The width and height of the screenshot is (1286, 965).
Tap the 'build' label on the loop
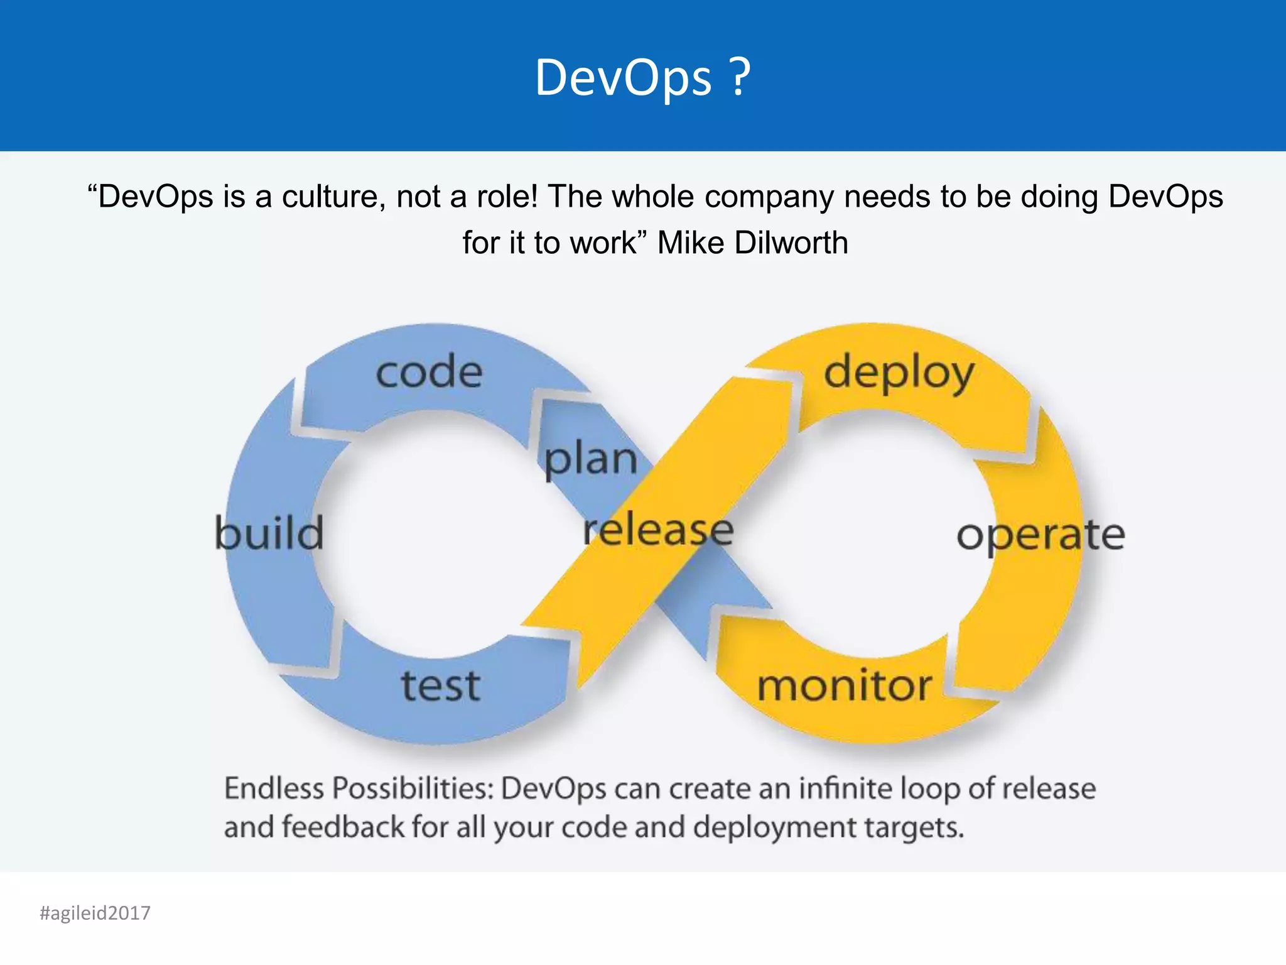pyautogui.click(x=269, y=533)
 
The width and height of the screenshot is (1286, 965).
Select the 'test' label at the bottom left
pyautogui.click(x=441, y=685)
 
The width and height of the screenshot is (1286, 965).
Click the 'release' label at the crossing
pyautogui.click(x=658, y=531)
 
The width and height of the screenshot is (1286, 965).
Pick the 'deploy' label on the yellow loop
pyautogui.click(x=899, y=374)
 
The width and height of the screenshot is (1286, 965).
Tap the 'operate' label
pyautogui.click(x=1040, y=536)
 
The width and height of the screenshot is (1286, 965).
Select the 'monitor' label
pyautogui.click(x=845, y=685)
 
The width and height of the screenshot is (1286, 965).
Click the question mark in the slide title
pyautogui.click(x=741, y=77)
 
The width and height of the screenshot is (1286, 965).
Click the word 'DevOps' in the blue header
pyautogui.click(x=624, y=77)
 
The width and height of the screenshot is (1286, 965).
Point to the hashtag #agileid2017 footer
pyautogui.click(x=95, y=913)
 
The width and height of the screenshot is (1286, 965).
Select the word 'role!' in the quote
pyautogui.click(x=507, y=197)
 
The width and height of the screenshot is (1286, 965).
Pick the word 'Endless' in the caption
pyautogui.click(x=274, y=788)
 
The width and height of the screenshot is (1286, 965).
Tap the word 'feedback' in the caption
pyautogui.click(x=343, y=827)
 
